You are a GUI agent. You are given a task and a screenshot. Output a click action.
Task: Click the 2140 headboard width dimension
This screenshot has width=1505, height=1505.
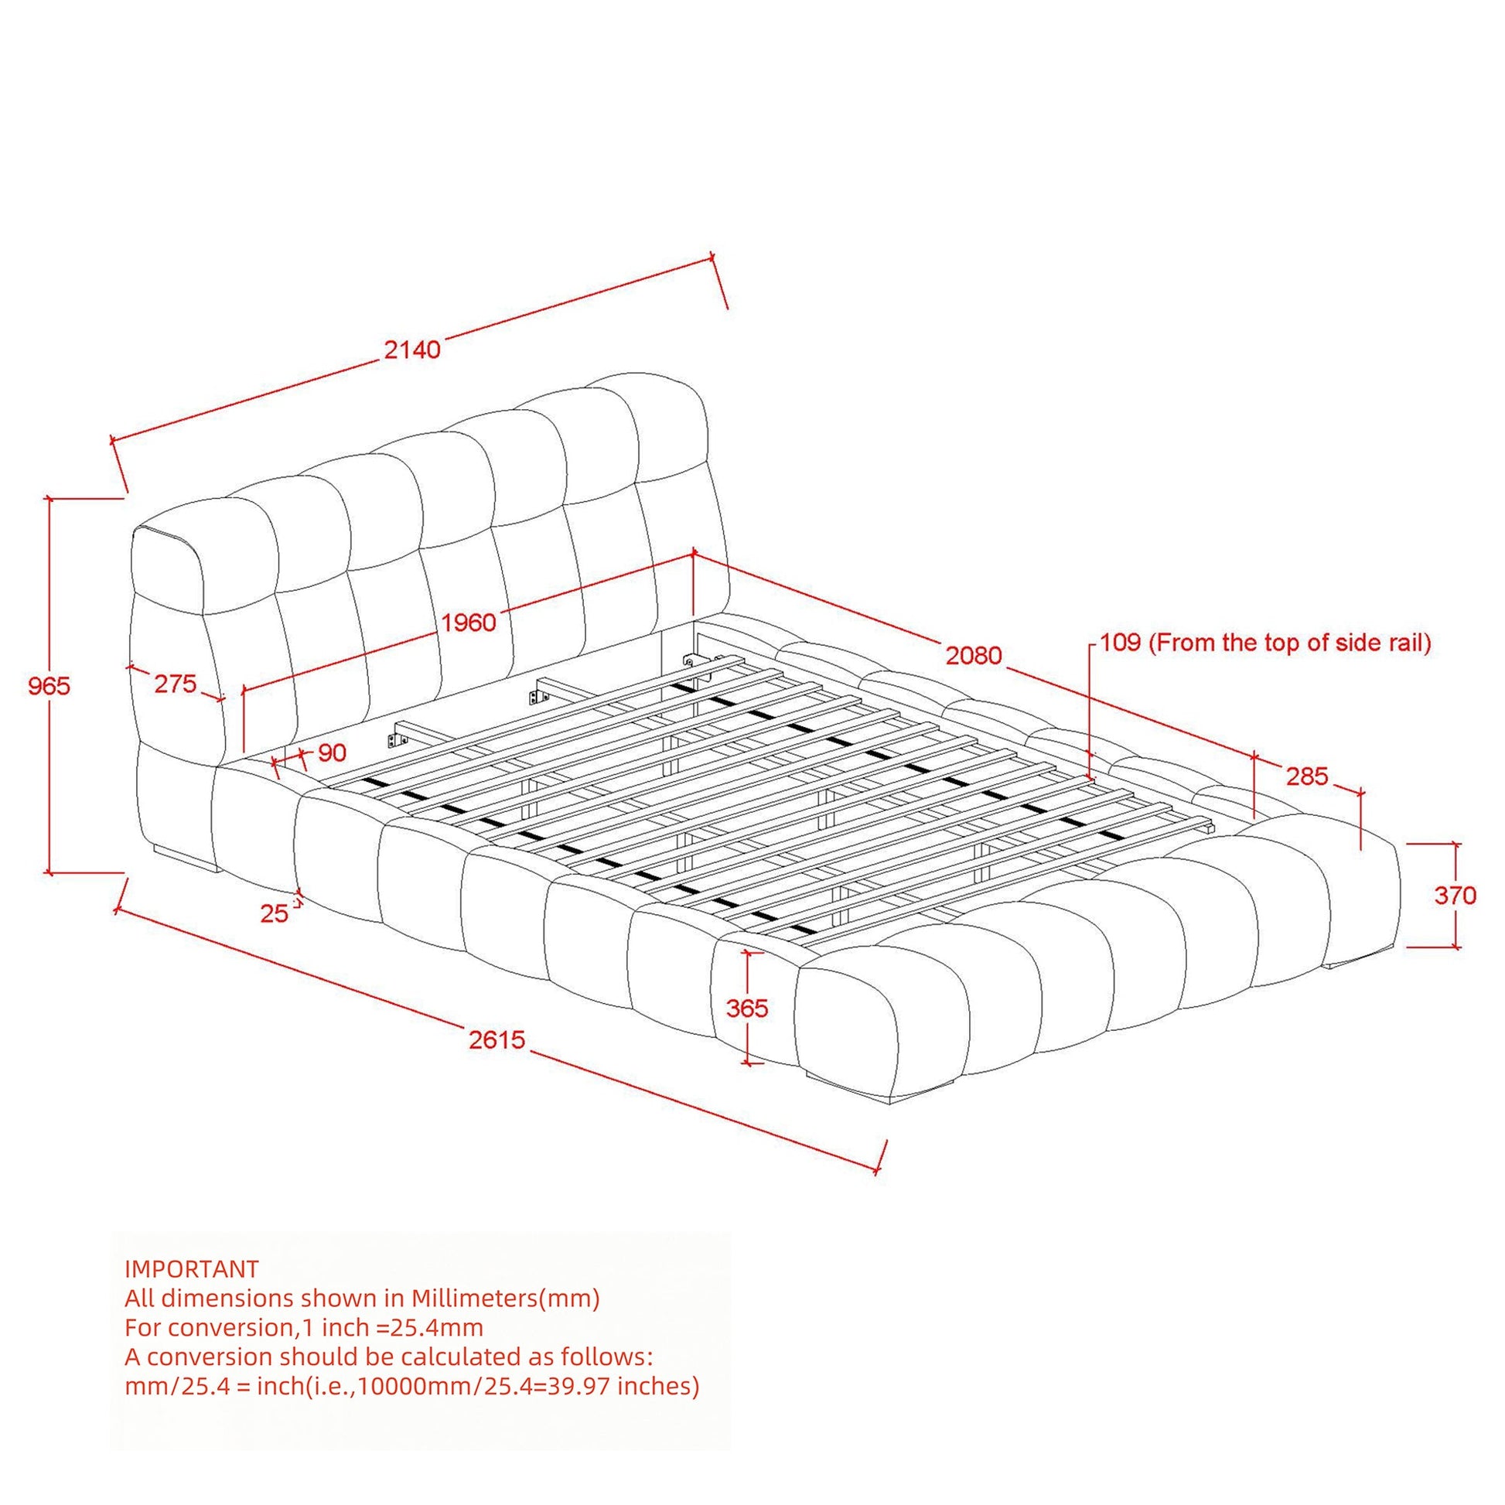click(x=412, y=349)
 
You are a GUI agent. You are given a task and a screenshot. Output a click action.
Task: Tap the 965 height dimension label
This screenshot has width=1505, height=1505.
click(x=49, y=685)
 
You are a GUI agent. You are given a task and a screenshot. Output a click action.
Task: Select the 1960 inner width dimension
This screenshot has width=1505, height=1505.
click(x=469, y=623)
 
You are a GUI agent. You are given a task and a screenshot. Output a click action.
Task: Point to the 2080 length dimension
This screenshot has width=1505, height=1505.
click(x=974, y=656)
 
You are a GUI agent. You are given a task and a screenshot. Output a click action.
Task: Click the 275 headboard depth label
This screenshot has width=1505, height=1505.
click(x=176, y=684)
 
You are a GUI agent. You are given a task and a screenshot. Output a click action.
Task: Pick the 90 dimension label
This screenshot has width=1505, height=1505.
click(x=332, y=752)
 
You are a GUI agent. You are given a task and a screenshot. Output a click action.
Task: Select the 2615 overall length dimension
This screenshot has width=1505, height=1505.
click(x=497, y=1039)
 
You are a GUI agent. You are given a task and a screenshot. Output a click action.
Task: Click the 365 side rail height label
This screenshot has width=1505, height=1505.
click(x=747, y=1008)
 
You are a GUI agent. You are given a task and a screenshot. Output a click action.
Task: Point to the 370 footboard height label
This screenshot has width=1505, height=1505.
click(x=1456, y=895)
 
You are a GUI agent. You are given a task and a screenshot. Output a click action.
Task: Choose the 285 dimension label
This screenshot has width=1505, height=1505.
click(x=1306, y=776)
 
